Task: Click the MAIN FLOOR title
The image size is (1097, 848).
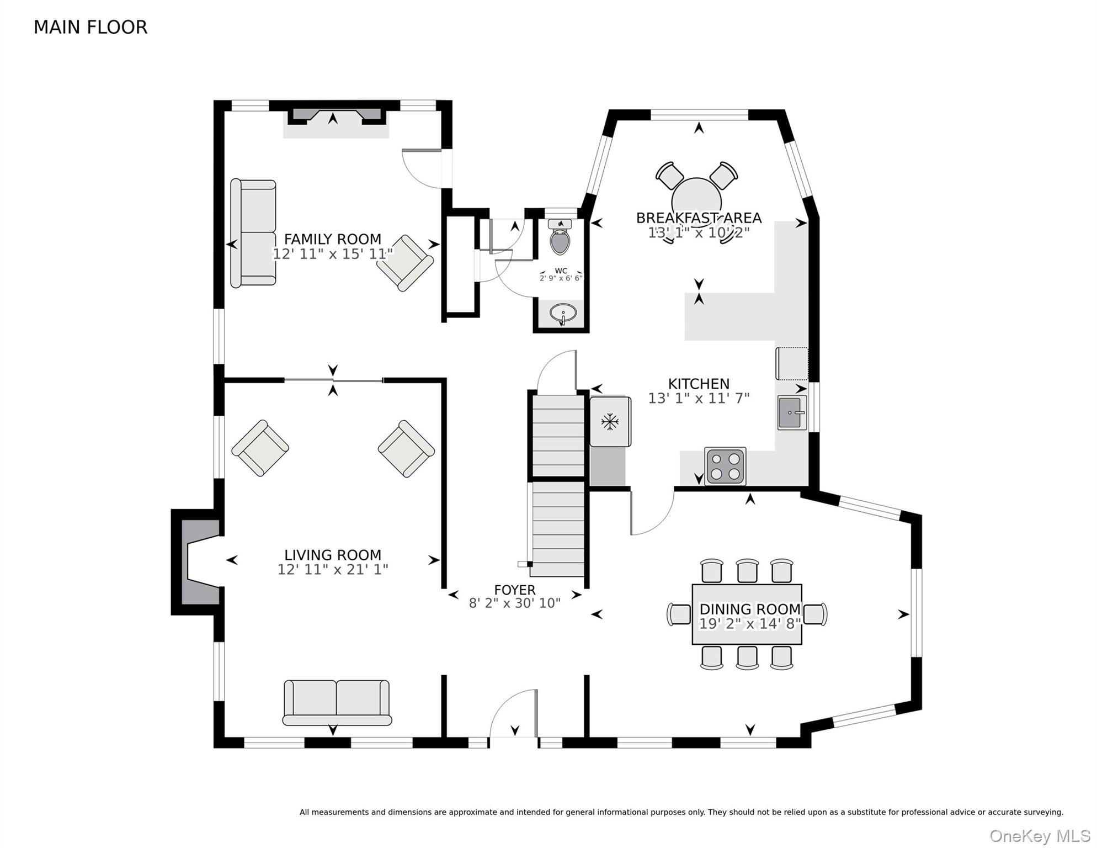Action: tap(90, 27)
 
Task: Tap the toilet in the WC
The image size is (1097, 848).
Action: tap(560, 236)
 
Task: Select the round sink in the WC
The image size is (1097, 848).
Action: tap(563, 314)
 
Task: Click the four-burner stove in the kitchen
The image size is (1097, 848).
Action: tap(725, 467)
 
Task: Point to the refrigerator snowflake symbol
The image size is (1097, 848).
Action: tap(609, 422)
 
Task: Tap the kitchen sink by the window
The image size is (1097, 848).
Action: tap(792, 412)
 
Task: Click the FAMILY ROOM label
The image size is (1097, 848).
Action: tap(332, 239)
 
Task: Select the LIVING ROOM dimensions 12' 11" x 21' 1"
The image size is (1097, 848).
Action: tap(333, 569)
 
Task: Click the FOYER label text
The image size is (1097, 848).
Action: tap(515, 590)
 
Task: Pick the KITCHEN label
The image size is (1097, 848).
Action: tap(699, 384)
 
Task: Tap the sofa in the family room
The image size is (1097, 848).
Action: tap(253, 232)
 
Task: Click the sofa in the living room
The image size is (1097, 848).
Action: tap(337, 702)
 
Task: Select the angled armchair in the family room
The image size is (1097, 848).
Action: tap(405, 263)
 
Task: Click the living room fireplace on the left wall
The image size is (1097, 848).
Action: tap(198, 562)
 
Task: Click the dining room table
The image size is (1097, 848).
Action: tap(747, 614)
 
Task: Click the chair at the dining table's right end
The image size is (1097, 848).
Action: tap(815, 614)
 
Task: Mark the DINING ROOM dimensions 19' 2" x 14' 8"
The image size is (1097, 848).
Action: tap(750, 624)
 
